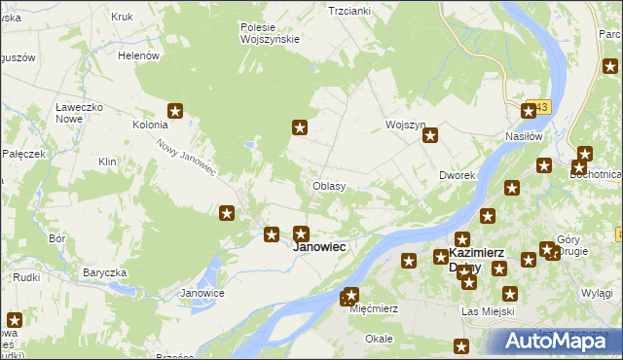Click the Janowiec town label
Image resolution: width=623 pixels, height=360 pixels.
[319, 247]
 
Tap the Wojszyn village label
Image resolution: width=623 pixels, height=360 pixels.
[406, 126]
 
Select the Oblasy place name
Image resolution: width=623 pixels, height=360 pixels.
[329, 185]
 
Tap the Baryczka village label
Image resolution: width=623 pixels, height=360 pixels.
[106, 272]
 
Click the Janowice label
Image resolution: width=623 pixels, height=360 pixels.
[202, 293]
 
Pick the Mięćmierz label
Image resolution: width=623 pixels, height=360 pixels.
[374, 307]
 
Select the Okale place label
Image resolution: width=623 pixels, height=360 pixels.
[379, 339]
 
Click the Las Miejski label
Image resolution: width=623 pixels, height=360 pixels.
[487, 311]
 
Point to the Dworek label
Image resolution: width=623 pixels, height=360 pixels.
[456, 176]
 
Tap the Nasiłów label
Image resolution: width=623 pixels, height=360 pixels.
[523, 136]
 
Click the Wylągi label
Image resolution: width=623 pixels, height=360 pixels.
[597, 293]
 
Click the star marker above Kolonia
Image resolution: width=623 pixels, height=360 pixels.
[176, 112]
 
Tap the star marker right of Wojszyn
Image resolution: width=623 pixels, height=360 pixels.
[429, 136]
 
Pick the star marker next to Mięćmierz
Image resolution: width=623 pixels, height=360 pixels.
[351, 295]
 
